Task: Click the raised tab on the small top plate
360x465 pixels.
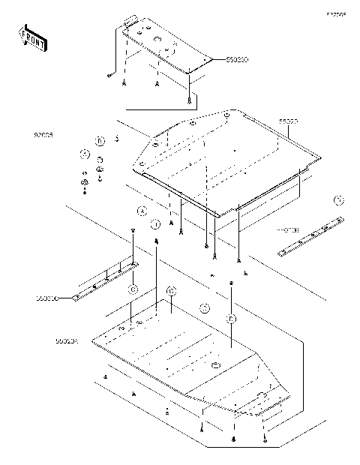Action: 129,22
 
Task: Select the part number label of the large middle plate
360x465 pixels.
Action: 289,120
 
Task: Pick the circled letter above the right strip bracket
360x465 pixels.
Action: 339,200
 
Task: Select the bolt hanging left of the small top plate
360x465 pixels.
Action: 109,76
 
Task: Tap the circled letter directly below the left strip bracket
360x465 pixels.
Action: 132,288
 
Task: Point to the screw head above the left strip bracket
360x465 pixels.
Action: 133,233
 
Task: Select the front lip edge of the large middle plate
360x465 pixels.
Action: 180,196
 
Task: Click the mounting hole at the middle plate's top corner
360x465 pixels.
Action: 226,114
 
